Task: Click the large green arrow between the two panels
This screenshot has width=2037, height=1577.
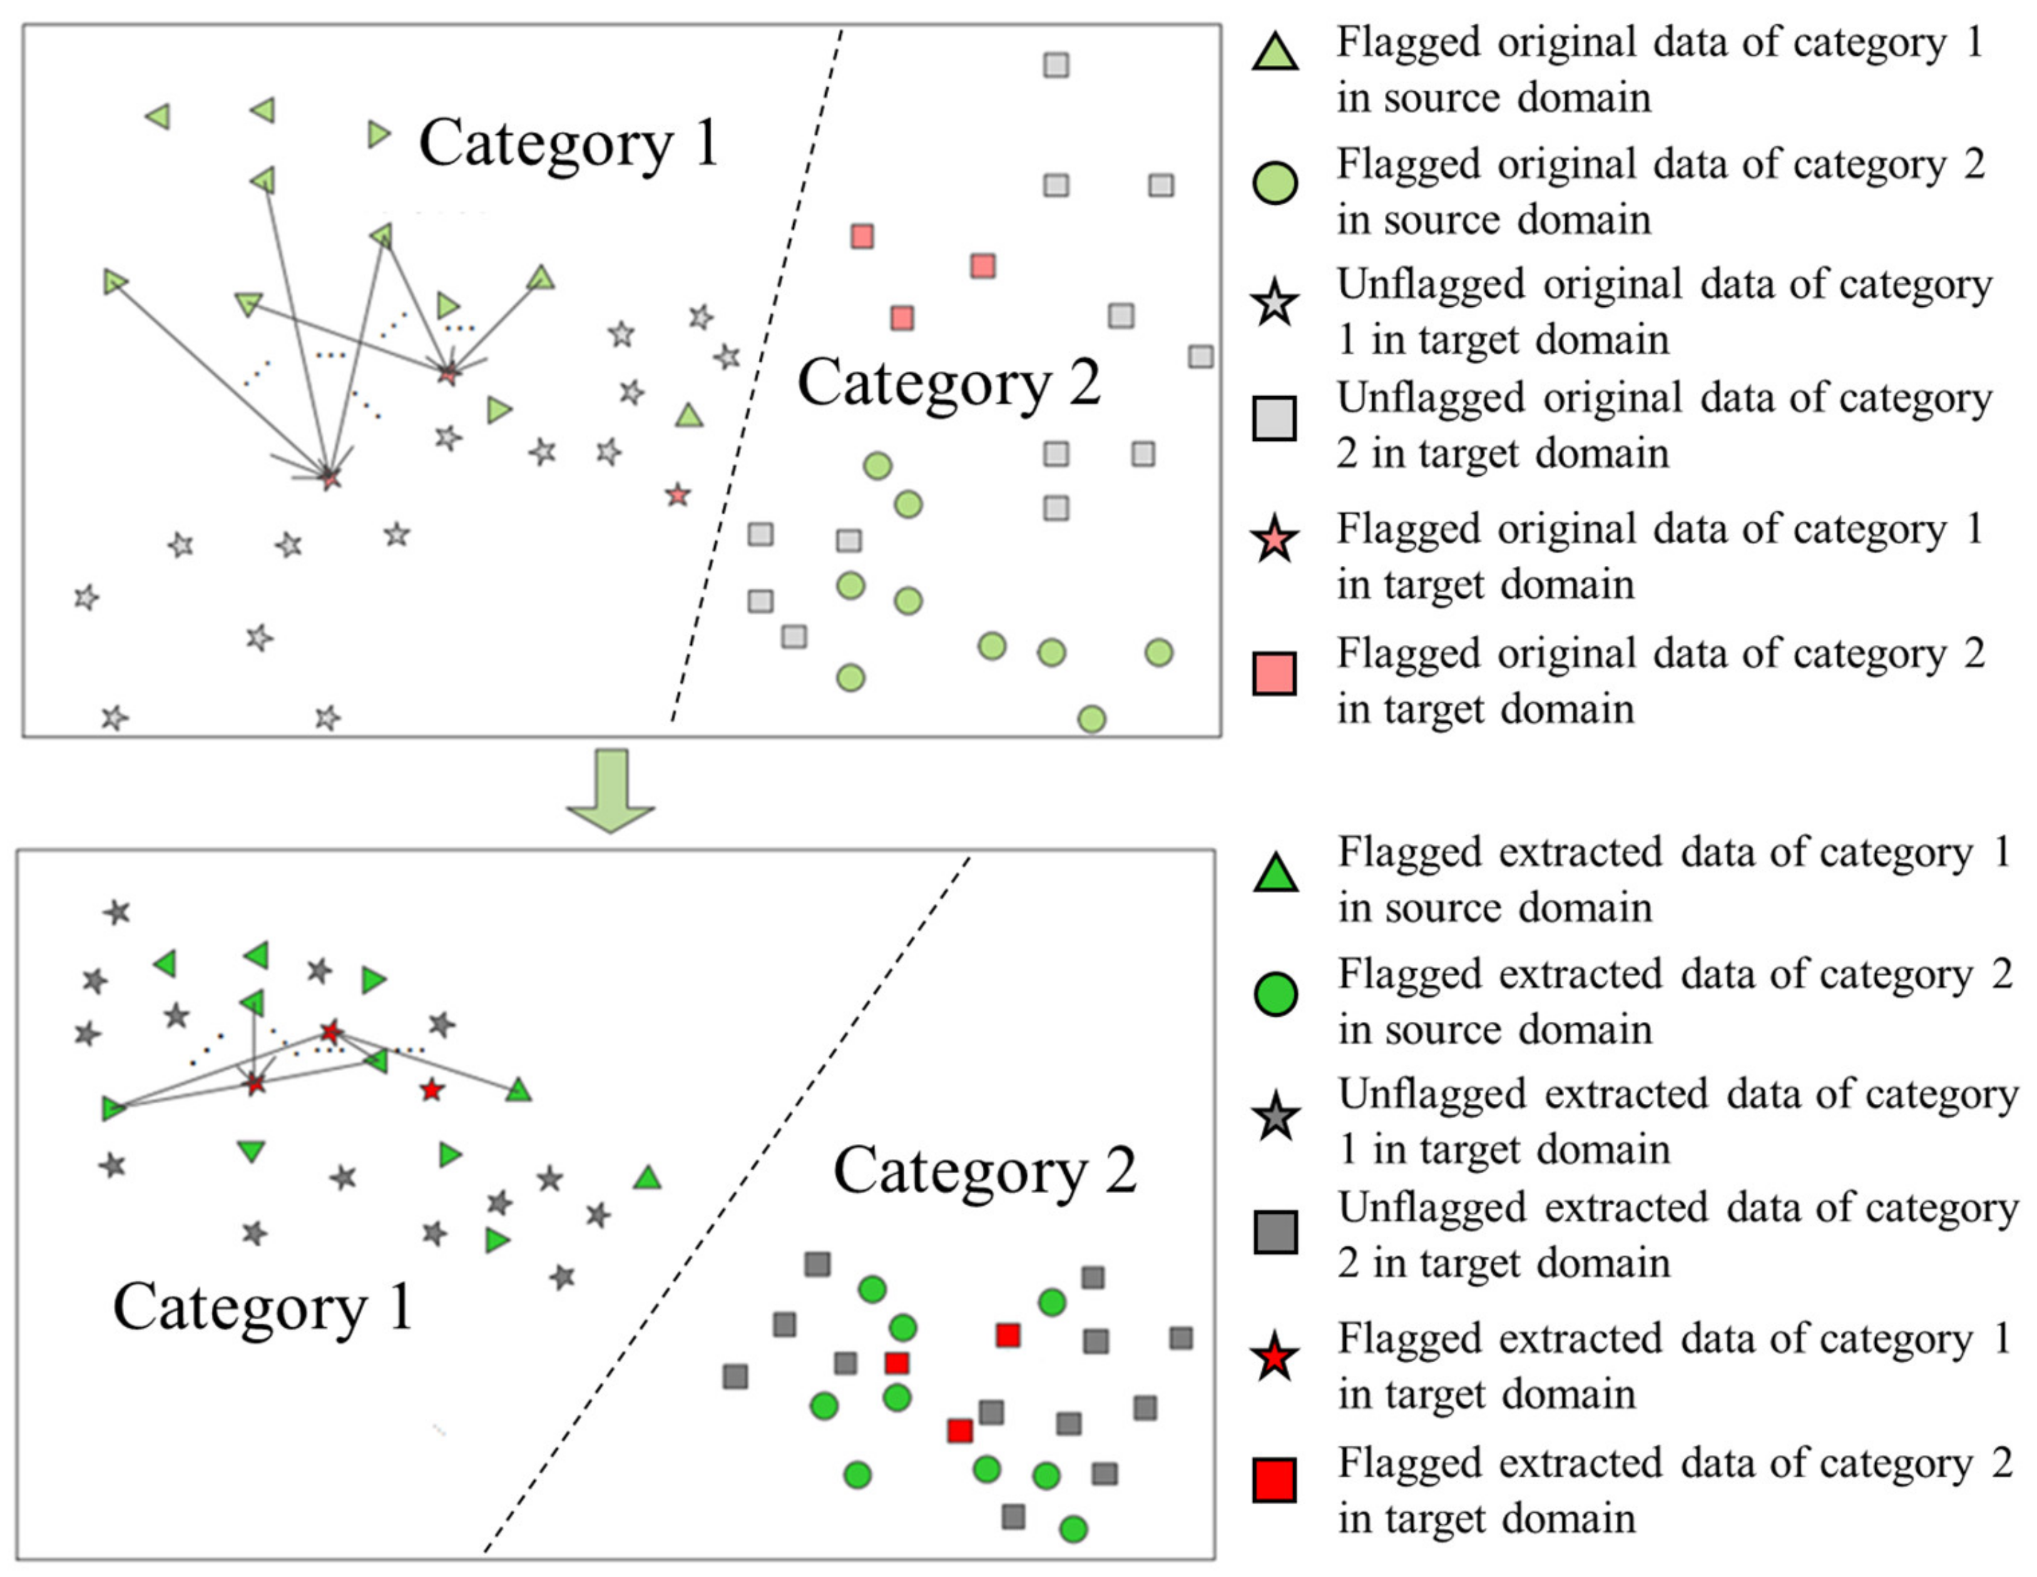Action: coord(611,789)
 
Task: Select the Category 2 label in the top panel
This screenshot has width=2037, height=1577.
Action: coord(949,383)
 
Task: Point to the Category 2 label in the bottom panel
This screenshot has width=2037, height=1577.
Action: coord(985,1171)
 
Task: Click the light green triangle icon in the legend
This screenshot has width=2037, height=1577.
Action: coord(1275,52)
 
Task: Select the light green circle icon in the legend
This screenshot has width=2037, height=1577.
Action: coord(1275,183)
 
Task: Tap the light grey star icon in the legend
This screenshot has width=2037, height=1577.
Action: coord(1275,304)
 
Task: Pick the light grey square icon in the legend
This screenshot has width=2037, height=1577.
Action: coord(1275,418)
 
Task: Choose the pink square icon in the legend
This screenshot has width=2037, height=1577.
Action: coord(1275,674)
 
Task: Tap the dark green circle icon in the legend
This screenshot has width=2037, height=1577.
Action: coord(1276,994)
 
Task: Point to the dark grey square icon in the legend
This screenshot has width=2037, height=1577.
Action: coord(1276,1232)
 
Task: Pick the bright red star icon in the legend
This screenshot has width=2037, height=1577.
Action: coord(1275,1359)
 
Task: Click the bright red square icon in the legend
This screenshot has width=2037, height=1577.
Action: coord(1275,1481)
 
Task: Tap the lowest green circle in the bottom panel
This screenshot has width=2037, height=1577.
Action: coord(1073,1529)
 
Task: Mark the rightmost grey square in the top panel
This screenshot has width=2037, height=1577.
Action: coord(1201,357)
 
